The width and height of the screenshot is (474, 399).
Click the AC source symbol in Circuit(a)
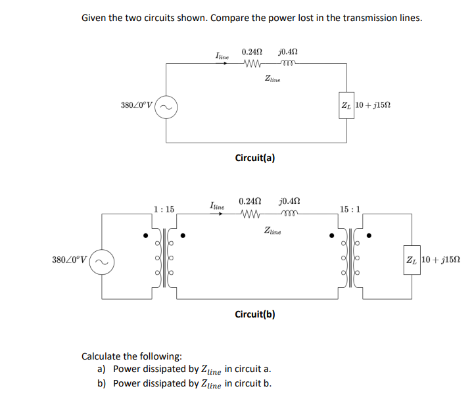(166, 106)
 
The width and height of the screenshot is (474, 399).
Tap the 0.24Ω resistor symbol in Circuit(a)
(252, 64)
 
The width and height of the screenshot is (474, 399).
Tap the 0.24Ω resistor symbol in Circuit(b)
(252, 215)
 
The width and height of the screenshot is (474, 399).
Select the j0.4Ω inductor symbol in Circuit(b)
(289, 215)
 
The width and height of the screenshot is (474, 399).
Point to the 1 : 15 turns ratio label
(164, 209)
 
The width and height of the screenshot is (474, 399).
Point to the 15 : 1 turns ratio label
(350, 209)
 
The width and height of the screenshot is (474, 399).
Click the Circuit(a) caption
(255, 158)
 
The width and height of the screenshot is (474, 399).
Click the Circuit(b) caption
(255, 314)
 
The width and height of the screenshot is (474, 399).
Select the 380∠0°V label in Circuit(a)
(136, 105)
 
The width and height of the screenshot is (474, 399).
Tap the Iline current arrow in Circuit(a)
(223, 64)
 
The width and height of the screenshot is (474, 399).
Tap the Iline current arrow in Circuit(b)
(219, 213)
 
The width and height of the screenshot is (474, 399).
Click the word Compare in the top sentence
(233, 18)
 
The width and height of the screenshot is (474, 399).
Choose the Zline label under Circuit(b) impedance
(272, 231)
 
